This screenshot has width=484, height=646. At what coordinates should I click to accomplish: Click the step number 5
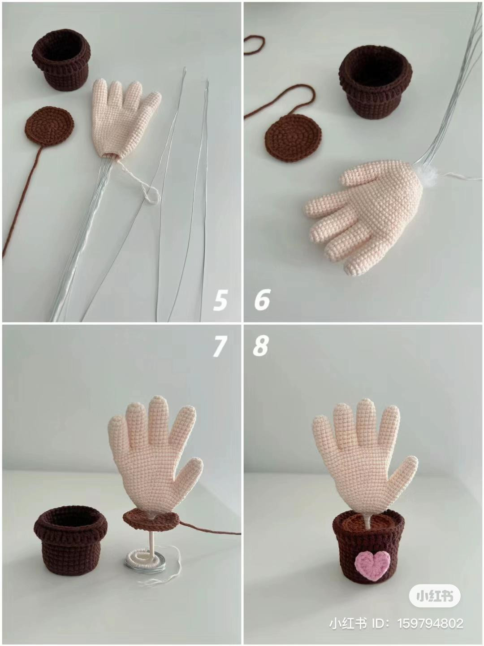pyautogui.click(x=220, y=300)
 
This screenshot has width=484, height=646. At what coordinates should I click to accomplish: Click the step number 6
pyautogui.click(x=262, y=300)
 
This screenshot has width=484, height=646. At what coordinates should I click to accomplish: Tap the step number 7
pyautogui.click(x=219, y=346)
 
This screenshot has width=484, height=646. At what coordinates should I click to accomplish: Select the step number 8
pyautogui.click(x=261, y=346)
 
